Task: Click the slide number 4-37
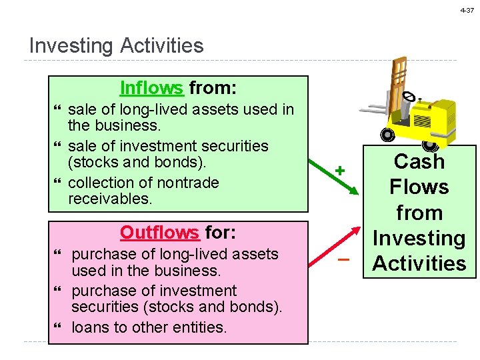[x=466, y=11]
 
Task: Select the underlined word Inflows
[x=151, y=88]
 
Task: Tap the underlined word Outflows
[x=159, y=232]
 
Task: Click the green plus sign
[x=340, y=171]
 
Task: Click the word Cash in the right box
[x=419, y=162]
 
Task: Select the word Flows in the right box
[x=419, y=187]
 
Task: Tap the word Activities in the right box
[x=419, y=263]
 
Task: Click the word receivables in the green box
[x=110, y=199]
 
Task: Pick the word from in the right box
[x=419, y=213]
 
